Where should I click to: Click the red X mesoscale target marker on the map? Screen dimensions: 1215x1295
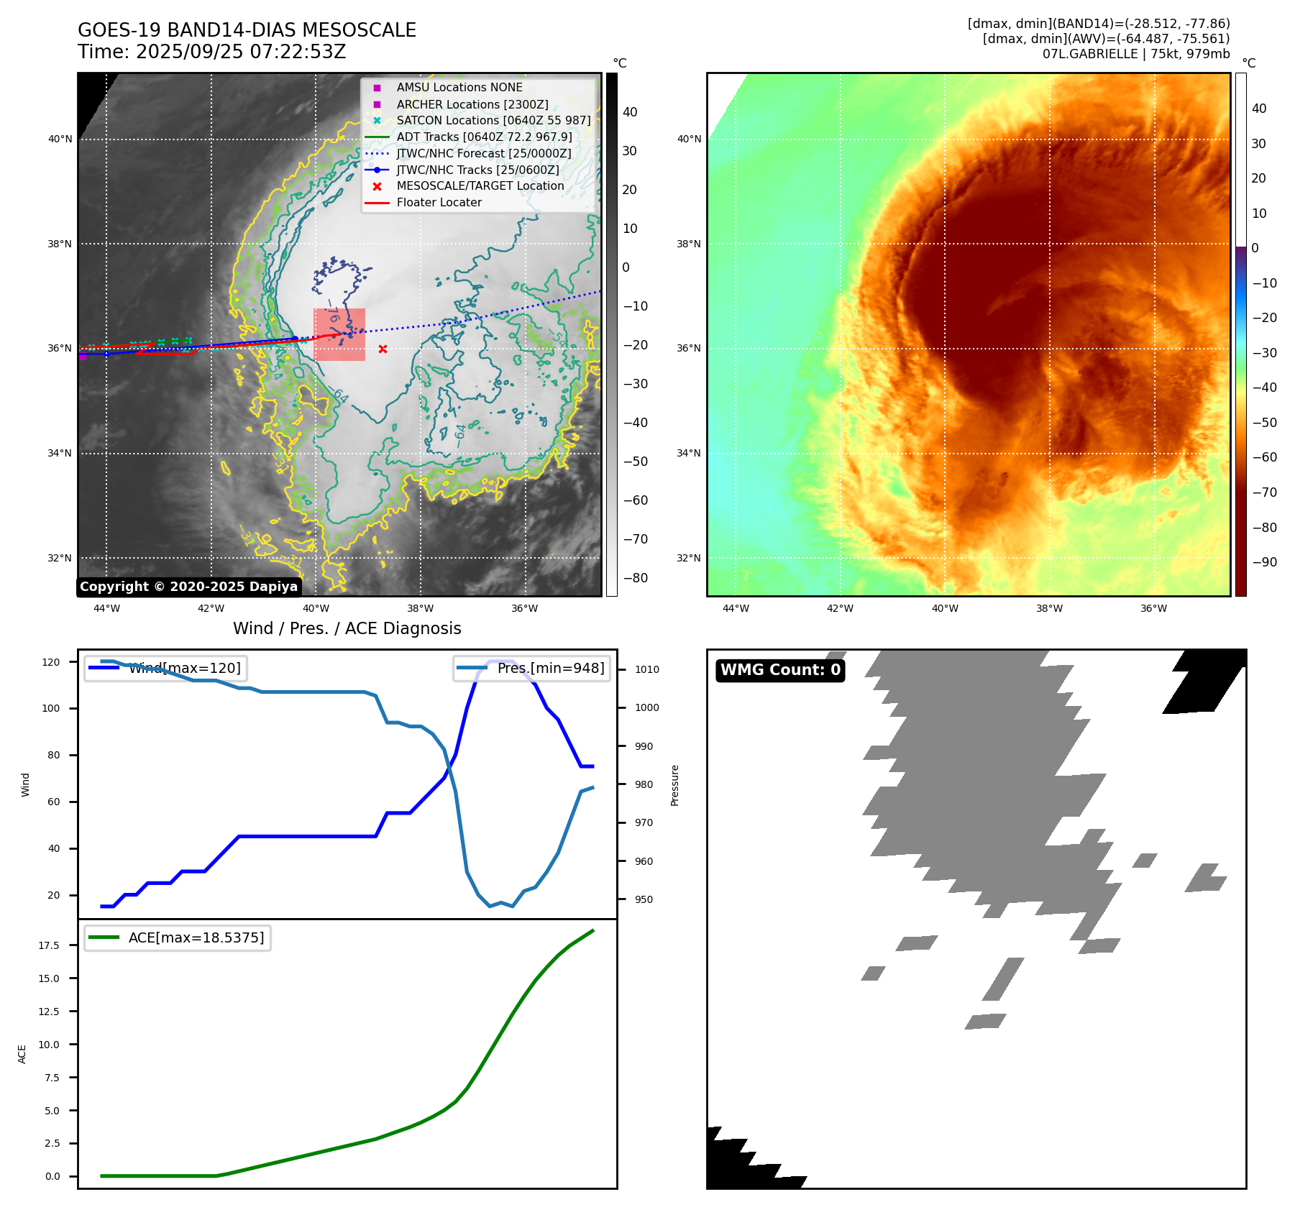click(383, 349)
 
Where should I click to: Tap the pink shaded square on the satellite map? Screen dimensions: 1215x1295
click(339, 334)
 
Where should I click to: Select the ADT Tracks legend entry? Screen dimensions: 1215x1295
click(484, 137)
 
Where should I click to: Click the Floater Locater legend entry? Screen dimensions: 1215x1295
click(439, 202)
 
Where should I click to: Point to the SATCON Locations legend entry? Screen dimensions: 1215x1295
click(493, 120)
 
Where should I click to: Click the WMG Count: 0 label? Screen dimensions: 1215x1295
click(780, 670)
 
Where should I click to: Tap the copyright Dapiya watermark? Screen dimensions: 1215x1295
click(188, 587)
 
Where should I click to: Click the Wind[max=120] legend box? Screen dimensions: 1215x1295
click(165, 668)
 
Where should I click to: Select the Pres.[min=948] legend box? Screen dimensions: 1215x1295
click(531, 668)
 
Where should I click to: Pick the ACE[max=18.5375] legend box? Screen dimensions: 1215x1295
click(178, 937)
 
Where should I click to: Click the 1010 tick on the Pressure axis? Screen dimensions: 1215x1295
click(646, 669)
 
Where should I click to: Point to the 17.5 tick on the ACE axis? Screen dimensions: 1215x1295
click(49, 945)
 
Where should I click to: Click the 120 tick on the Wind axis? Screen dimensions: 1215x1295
click(51, 662)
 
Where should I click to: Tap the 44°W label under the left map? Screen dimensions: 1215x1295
click(107, 608)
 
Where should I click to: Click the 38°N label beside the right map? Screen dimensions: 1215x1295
click(688, 244)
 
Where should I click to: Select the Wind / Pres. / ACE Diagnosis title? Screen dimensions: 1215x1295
click(347, 628)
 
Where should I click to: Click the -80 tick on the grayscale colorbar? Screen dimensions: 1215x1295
click(635, 578)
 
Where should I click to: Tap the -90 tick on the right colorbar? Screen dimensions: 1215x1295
click(1264, 562)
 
